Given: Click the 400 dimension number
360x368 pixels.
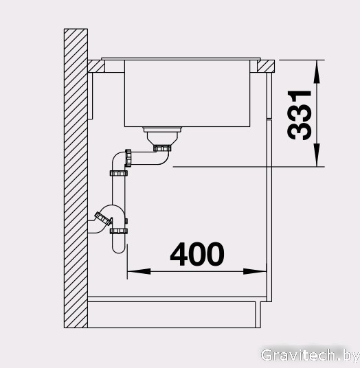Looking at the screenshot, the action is click(197, 254).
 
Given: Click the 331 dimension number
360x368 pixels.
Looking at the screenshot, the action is click(299, 115).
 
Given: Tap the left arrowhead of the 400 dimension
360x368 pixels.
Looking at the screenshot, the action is click(139, 272).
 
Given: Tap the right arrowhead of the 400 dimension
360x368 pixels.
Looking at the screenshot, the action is click(255, 272).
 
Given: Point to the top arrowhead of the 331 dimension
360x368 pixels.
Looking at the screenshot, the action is click(317, 71).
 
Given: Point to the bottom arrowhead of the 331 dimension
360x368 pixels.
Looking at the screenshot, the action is click(317, 155).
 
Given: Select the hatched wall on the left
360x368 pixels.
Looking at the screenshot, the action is click(76, 179).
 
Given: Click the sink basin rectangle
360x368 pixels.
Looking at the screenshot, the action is click(187, 93).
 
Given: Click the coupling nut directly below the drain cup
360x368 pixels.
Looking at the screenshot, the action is click(162, 148).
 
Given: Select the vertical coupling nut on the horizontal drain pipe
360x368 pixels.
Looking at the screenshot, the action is click(128, 158).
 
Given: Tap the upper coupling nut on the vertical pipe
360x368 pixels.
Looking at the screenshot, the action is click(119, 173).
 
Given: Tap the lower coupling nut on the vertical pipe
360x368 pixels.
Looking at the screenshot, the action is click(119, 231).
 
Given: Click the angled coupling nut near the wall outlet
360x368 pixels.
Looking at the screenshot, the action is click(103, 218).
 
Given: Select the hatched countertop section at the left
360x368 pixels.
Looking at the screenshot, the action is click(96, 66).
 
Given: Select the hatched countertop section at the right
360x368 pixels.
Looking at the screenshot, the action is click(266, 66).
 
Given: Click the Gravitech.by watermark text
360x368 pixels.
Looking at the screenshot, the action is click(310, 356).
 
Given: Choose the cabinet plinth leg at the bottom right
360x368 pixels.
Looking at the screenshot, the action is click(258, 314).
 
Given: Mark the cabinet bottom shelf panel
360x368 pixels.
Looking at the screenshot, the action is click(177, 299).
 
